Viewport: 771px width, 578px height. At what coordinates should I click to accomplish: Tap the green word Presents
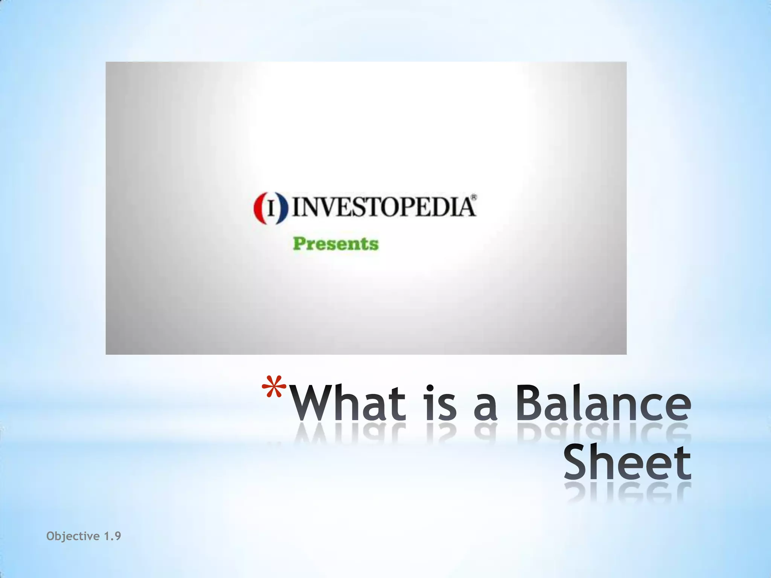335,244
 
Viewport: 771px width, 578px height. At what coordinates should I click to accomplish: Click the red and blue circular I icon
270,208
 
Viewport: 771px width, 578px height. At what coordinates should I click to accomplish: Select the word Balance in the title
603,403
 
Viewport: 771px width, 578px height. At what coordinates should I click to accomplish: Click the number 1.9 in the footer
112,536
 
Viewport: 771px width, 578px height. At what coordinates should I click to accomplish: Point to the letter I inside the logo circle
271,208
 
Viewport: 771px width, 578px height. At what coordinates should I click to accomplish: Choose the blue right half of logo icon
283,208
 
